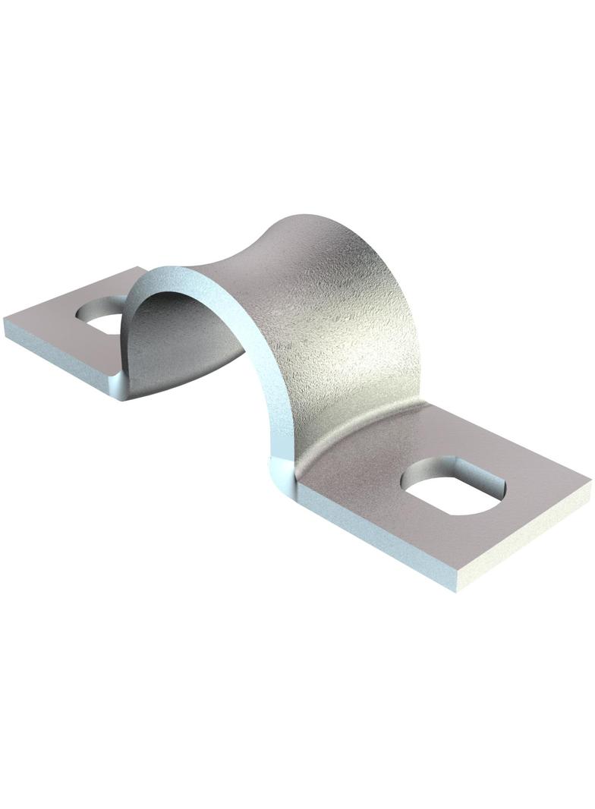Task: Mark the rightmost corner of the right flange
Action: point(589,480)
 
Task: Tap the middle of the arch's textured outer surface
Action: point(334,319)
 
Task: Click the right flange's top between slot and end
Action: point(531,493)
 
